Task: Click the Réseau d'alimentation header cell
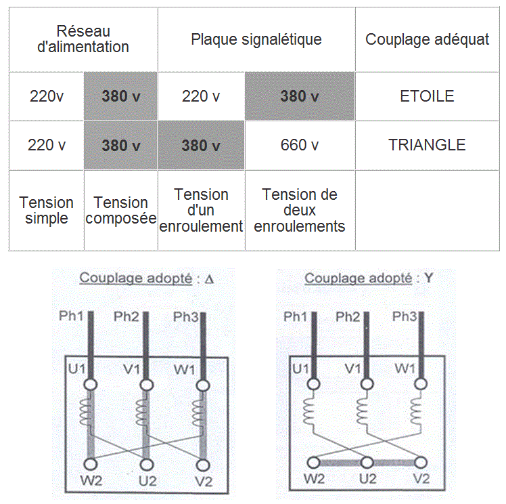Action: pyautogui.click(x=83, y=39)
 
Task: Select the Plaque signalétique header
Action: pyautogui.click(x=256, y=39)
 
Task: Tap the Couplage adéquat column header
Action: pyautogui.click(x=427, y=39)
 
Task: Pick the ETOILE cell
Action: pyautogui.click(x=427, y=96)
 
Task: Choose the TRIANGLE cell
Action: pyautogui.click(x=427, y=145)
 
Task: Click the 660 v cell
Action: pyautogui.click(x=300, y=145)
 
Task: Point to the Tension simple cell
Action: pyautogui.click(x=47, y=210)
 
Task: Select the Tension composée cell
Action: pyautogui.click(x=120, y=210)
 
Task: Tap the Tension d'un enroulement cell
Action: pyautogui.click(x=201, y=210)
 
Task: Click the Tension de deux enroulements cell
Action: pyautogui.click(x=300, y=210)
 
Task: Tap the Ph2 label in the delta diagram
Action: pyautogui.click(x=127, y=316)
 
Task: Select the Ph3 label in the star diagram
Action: pyautogui.click(x=404, y=316)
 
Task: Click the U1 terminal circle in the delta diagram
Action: pyautogui.click(x=89, y=385)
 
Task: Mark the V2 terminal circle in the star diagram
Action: pyautogui.click(x=421, y=463)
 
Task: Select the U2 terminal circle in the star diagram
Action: pyautogui.click(x=367, y=463)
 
